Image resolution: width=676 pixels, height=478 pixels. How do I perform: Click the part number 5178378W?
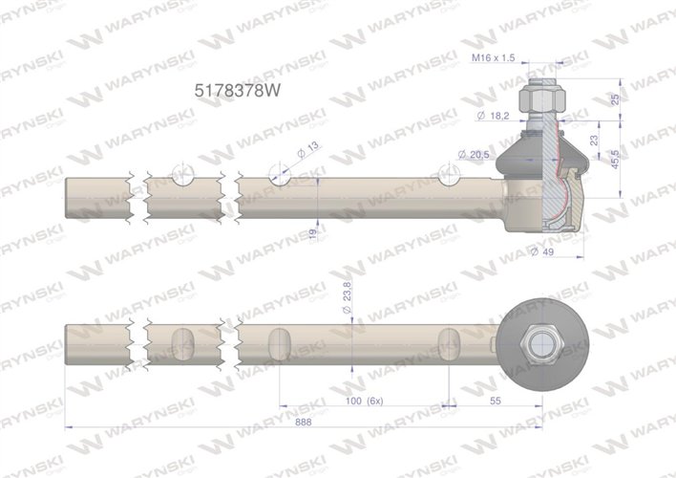click(x=237, y=91)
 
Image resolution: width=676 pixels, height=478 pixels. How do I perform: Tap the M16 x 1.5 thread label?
click(x=493, y=57)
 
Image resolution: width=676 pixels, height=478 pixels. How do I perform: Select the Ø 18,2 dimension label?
click(x=494, y=116)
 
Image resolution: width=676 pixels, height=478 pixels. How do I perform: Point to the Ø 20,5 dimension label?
click(x=474, y=154)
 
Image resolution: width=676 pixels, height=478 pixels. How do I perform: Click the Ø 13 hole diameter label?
click(x=308, y=149)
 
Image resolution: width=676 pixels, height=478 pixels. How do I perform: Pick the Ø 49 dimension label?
click(x=542, y=251)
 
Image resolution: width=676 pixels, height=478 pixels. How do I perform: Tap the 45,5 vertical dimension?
click(x=615, y=160)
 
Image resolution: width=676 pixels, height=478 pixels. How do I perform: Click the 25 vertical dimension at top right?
click(x=615, y=98)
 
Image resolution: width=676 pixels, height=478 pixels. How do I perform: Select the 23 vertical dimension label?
click(x=594, y=141)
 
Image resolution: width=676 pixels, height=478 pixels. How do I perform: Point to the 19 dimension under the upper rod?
click(x=313, y=234)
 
